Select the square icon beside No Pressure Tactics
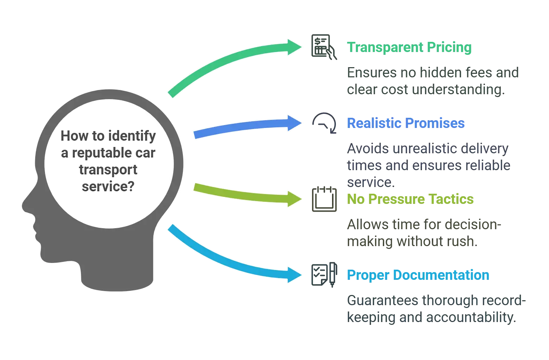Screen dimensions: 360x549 point(324,200)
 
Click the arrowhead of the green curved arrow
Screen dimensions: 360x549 point(295,47)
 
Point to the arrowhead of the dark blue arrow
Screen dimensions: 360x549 point(295,123)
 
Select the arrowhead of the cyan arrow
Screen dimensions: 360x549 point(295,275)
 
